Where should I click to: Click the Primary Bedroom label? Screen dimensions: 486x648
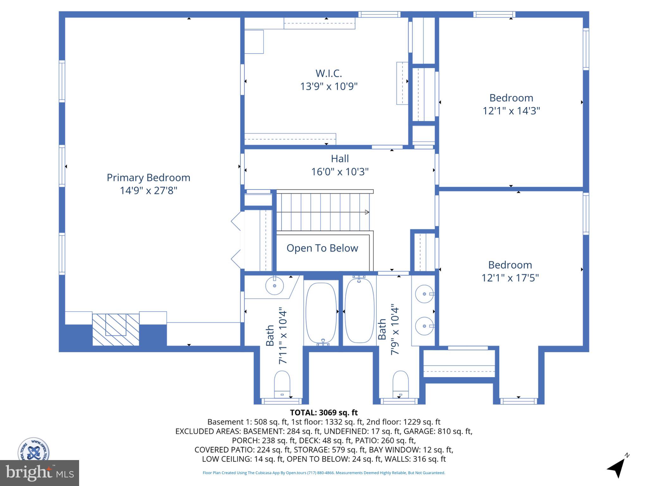(148, 178)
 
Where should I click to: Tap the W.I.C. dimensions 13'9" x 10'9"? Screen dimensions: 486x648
(328, 86)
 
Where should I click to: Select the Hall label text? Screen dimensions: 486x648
(340, 159)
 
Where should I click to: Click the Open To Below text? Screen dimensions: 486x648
(322, 248)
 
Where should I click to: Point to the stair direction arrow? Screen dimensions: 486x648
(367, 212)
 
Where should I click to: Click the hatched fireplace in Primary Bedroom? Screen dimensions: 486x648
(116, 329)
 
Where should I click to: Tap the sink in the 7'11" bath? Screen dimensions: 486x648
(274, 286)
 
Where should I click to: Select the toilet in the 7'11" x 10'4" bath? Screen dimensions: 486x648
(282, 384)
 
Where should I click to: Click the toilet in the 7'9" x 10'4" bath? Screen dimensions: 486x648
(400, 384)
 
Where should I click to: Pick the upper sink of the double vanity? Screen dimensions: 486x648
(424, 294)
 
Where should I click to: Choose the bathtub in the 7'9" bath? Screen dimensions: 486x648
(359, 311)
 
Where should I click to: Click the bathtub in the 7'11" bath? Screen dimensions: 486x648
(321, 313)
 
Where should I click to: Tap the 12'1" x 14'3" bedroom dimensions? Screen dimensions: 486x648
(511, 111)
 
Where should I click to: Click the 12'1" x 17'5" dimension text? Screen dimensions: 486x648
(510, 278)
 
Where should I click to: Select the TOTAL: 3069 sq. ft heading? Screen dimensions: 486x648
(324, 413)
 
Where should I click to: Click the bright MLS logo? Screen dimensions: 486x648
(40, 473)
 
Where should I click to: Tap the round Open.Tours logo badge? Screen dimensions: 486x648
(33, 449)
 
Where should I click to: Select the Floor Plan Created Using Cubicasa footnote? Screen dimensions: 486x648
(324, 473)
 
